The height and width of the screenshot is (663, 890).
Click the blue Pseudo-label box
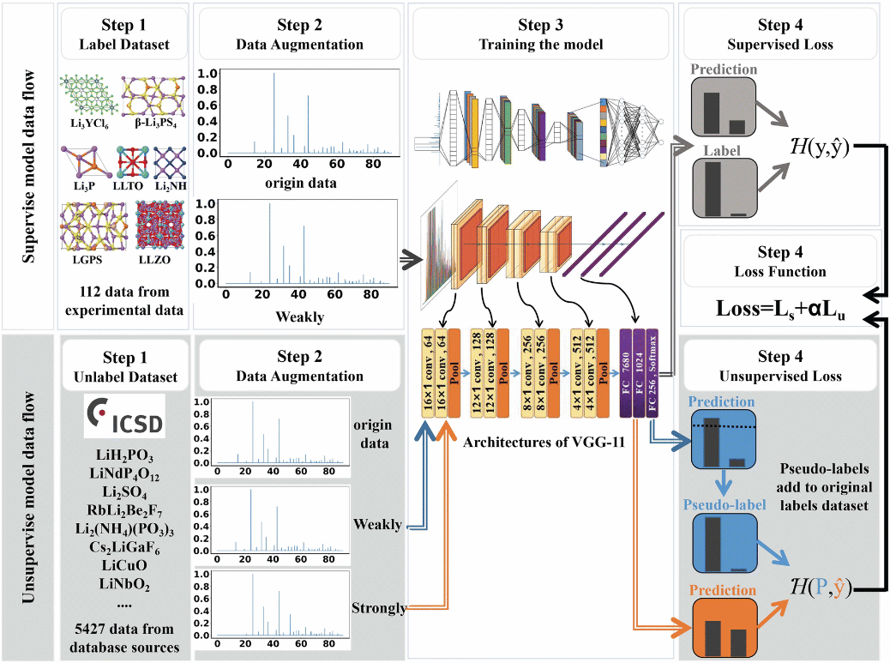click(x=723, y=546)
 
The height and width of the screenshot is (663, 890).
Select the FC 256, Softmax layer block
click(x=653, y=374)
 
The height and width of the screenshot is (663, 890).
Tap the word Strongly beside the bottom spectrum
click(x=379, y=608)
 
